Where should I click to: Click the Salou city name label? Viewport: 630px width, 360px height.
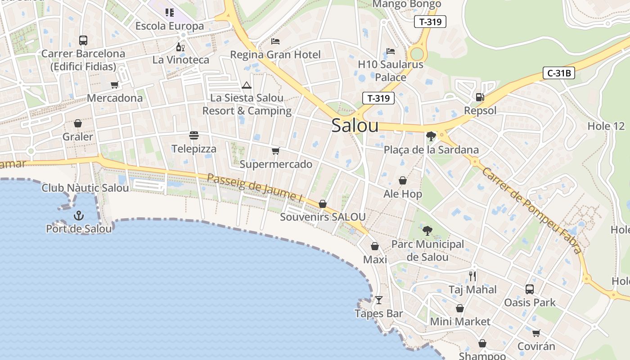(355, 126)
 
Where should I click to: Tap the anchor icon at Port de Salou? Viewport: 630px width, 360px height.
(79, 216)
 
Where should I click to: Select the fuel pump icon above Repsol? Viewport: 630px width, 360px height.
(480, 97)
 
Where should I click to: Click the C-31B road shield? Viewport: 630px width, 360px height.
(559, 73)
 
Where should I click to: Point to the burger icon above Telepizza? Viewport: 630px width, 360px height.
(194, 135)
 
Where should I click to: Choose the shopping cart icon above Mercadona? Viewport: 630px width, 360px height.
(115, 85)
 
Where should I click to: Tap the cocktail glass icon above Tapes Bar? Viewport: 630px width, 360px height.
(379, 300)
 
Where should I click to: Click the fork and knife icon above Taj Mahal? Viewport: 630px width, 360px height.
(472, 276)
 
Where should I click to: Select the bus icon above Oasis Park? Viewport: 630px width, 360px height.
(530, 289)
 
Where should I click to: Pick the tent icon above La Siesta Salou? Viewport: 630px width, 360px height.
(246, 85)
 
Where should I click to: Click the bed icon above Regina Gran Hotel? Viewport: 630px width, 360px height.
(275, 41)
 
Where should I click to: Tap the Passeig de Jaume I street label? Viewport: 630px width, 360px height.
(255, 187)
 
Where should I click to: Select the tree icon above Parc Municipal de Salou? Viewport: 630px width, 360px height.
(427, 231)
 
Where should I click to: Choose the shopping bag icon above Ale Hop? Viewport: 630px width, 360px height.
(403, 181)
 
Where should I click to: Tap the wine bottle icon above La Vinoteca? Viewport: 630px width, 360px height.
(180, 47)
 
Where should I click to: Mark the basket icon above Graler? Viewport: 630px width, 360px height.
(78, 123)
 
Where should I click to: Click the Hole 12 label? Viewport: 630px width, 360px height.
(606, 126)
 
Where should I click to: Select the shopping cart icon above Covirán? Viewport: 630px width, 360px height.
(536, 333)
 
